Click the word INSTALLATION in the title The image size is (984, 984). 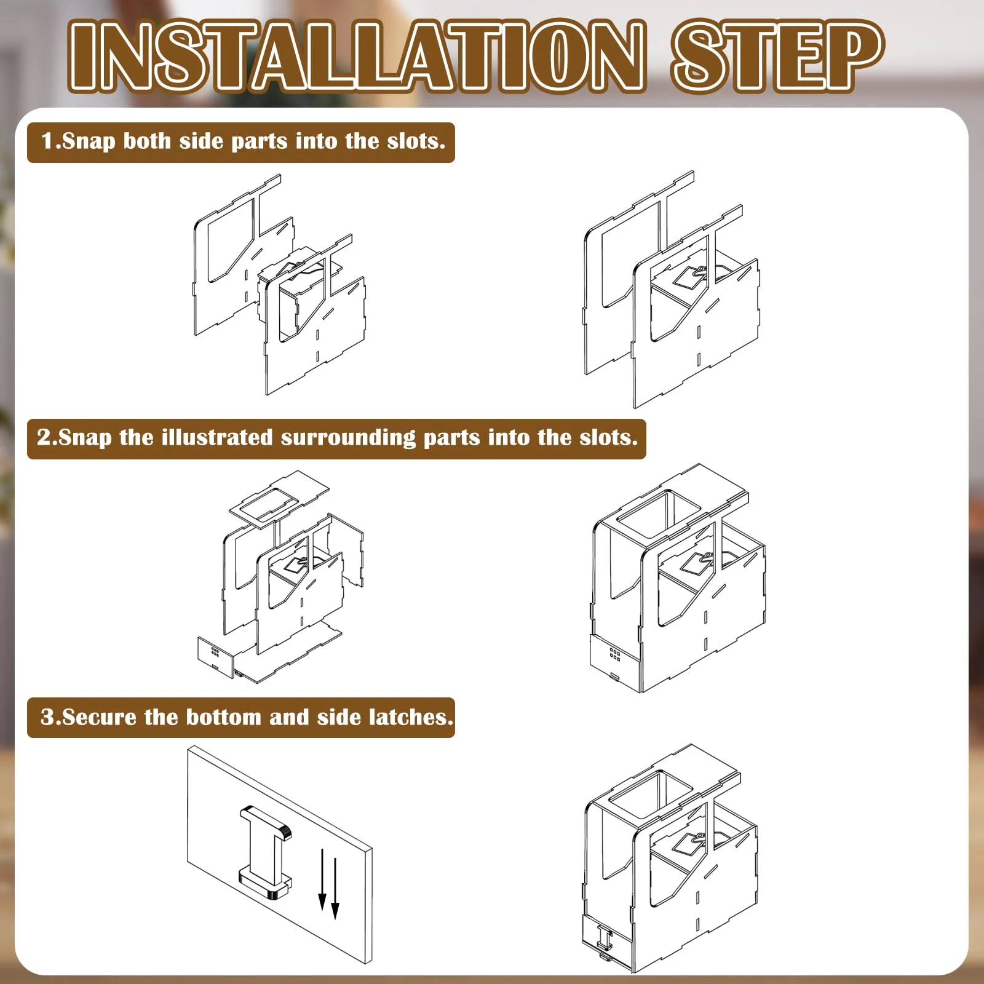357,57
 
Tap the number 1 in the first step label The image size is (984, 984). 48,141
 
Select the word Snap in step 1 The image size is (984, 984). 89,142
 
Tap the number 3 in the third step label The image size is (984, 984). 47,717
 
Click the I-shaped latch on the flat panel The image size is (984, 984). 265,851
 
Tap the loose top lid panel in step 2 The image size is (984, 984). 279,498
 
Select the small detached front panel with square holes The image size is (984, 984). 215,657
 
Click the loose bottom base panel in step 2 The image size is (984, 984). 288,654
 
